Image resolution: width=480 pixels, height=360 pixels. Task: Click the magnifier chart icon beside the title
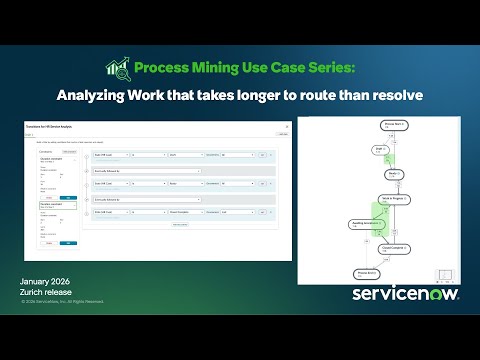[x=118, y=68]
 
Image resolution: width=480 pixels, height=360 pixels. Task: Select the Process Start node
[x=369, y=126]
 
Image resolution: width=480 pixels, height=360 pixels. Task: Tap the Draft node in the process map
[x=352, y=148]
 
